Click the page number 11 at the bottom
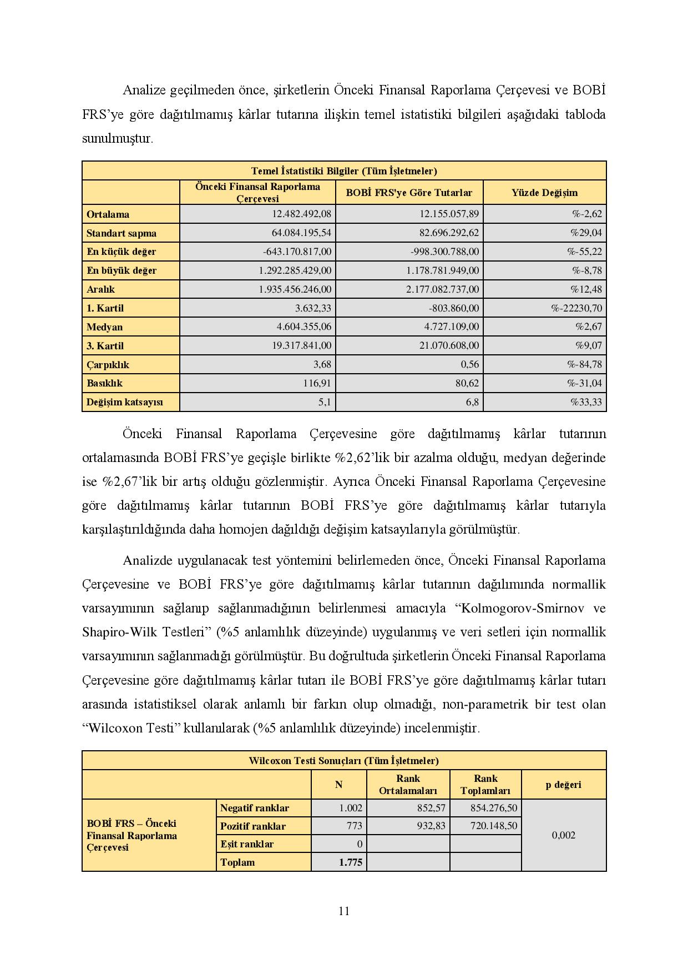[343, 911]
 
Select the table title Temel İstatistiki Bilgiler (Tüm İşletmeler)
[344, 171]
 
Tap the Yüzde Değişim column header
[544, 193]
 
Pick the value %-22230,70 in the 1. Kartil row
[576, 308]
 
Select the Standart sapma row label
[122, 233]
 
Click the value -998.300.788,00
[444, 252]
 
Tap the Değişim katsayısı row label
[125, 402]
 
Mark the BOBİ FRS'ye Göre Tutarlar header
[409, 193]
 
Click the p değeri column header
[563, 785]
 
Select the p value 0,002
[563, 835]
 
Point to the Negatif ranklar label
[255, 808]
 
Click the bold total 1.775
[351, 862]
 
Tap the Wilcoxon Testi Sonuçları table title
[344, 761]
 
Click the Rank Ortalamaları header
[408, 785]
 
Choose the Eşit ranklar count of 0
[360, 844]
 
